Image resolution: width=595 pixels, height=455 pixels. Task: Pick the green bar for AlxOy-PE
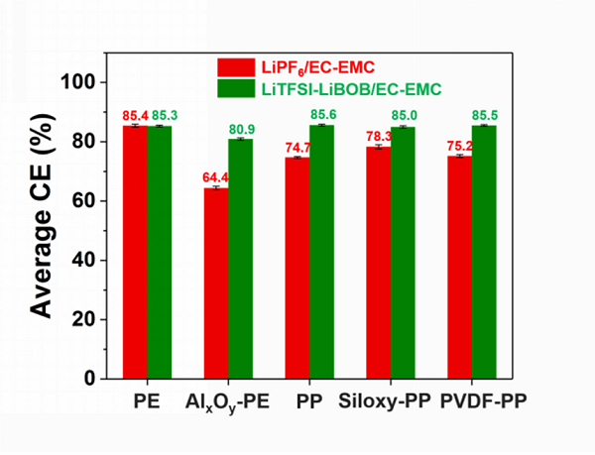240,259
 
